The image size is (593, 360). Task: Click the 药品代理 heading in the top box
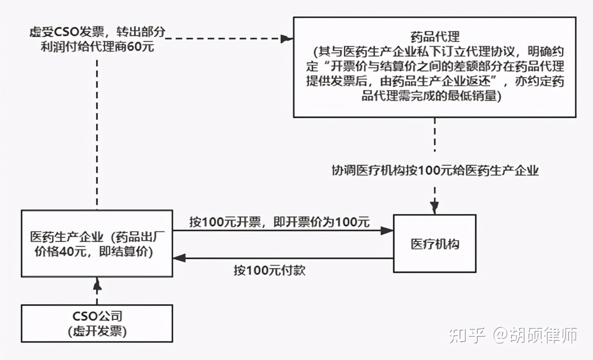pyautogui.click(x=435, y=37)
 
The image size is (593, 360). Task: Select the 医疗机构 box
pyautogui.click(x=435, y=244)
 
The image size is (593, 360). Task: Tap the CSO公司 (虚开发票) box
pyautogui.click(x=97, y=323)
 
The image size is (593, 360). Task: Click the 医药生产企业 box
pyautogui.click(x=97, y=244)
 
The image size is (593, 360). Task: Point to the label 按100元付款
pyautogui.click(x=270, y=270)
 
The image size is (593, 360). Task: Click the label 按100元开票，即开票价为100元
pyautogui.click(x=280, y=222)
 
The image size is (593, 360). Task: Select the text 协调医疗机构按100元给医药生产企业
pyautogui.click(x=434, y=171)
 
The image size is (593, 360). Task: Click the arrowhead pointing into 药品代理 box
pyautogui.click(x=287, y=38)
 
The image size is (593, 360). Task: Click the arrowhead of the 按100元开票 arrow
pyautogui.click(x=387, y=231)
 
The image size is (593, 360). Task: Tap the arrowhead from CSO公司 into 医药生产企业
pyautogui.click(x=97, y=284)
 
